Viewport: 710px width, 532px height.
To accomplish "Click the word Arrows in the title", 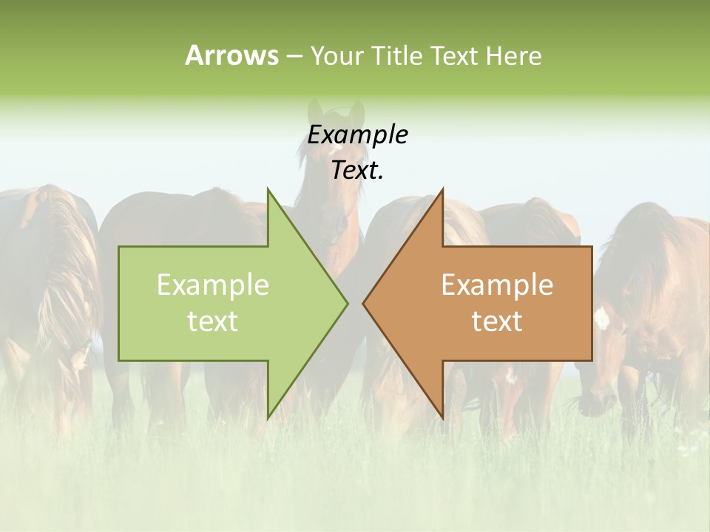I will (231, 55).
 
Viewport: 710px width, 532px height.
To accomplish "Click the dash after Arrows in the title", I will (294, 57).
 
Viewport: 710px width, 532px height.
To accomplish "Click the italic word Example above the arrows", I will (357, 134).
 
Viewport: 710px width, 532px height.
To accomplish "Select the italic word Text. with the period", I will (357, 170).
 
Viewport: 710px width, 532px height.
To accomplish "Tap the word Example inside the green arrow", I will (213, 284).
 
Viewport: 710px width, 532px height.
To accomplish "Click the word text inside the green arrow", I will (213, 321).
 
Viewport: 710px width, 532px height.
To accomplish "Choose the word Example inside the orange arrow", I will (497, 284).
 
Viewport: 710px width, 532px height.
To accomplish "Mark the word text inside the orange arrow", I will (497, 321).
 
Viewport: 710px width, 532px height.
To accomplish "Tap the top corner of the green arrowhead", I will (268, 190).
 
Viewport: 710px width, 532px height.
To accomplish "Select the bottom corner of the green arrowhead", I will (268, 417).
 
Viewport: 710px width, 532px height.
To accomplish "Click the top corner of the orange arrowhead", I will (443, 190).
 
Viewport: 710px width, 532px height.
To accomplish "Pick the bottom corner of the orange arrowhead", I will (443, 417).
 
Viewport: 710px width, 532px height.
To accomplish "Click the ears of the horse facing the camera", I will (337, 111).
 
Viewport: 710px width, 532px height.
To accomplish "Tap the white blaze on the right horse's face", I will (601, 318).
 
